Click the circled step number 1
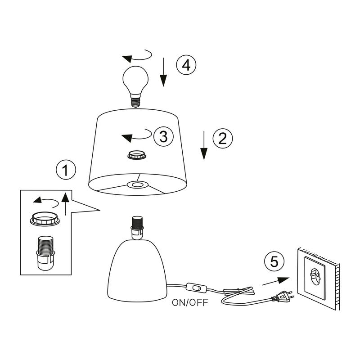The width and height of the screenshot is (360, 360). pos(66,170)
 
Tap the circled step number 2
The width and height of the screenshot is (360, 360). pos(223,139)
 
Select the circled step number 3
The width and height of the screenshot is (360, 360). pos(163,136)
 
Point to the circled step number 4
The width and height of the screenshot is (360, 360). pos(186,65)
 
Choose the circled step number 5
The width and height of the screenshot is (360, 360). pos(274,261)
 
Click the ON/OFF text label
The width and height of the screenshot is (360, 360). pos(190,302)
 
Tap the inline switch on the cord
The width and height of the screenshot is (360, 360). pos(196,288)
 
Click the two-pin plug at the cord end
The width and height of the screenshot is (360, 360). pos(283,297)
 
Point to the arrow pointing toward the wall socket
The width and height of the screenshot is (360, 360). pos(275,281)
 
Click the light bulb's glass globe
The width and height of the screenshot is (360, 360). pos(136,80)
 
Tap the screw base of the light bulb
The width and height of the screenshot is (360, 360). pos(135,100)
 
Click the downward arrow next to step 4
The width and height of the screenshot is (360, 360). pos(163,72)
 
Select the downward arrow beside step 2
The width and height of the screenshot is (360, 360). pos(204,145)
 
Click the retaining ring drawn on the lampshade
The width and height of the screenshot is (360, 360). pos(137,155)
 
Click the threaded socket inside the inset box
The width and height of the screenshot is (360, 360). pos(46,253)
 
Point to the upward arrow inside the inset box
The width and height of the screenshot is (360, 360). pos(65,204)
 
